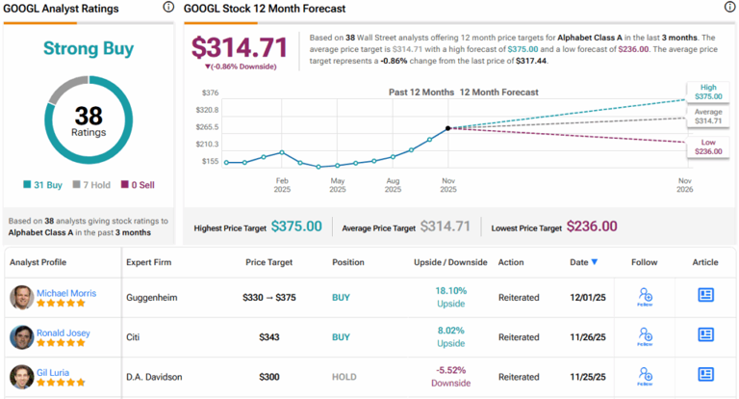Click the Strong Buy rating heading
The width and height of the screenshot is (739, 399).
(x=88, y=49)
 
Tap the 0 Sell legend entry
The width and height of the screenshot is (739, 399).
(x=137, y=185)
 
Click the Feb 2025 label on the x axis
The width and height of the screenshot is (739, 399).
(x=282, y=185)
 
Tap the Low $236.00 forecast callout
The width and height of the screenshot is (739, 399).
(x=706, y=147)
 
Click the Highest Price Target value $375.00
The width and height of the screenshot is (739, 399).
(x=296, y=226)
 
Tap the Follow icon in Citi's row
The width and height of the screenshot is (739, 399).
(x=644, y=335)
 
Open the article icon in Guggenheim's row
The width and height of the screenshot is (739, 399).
(x=705, y=295)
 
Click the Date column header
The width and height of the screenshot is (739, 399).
(x=583, y=262)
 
